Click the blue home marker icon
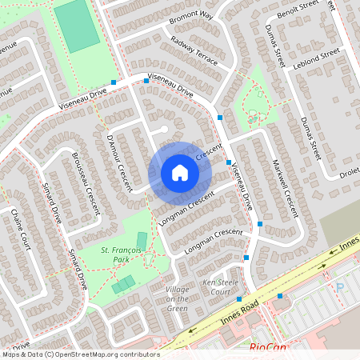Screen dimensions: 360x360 click(x=180, y=173)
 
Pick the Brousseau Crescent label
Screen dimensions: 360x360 click(x=85, y=179)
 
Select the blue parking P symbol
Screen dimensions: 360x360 click(x=339, y=287)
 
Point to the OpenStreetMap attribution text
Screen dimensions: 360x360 click(x=80, y=354)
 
